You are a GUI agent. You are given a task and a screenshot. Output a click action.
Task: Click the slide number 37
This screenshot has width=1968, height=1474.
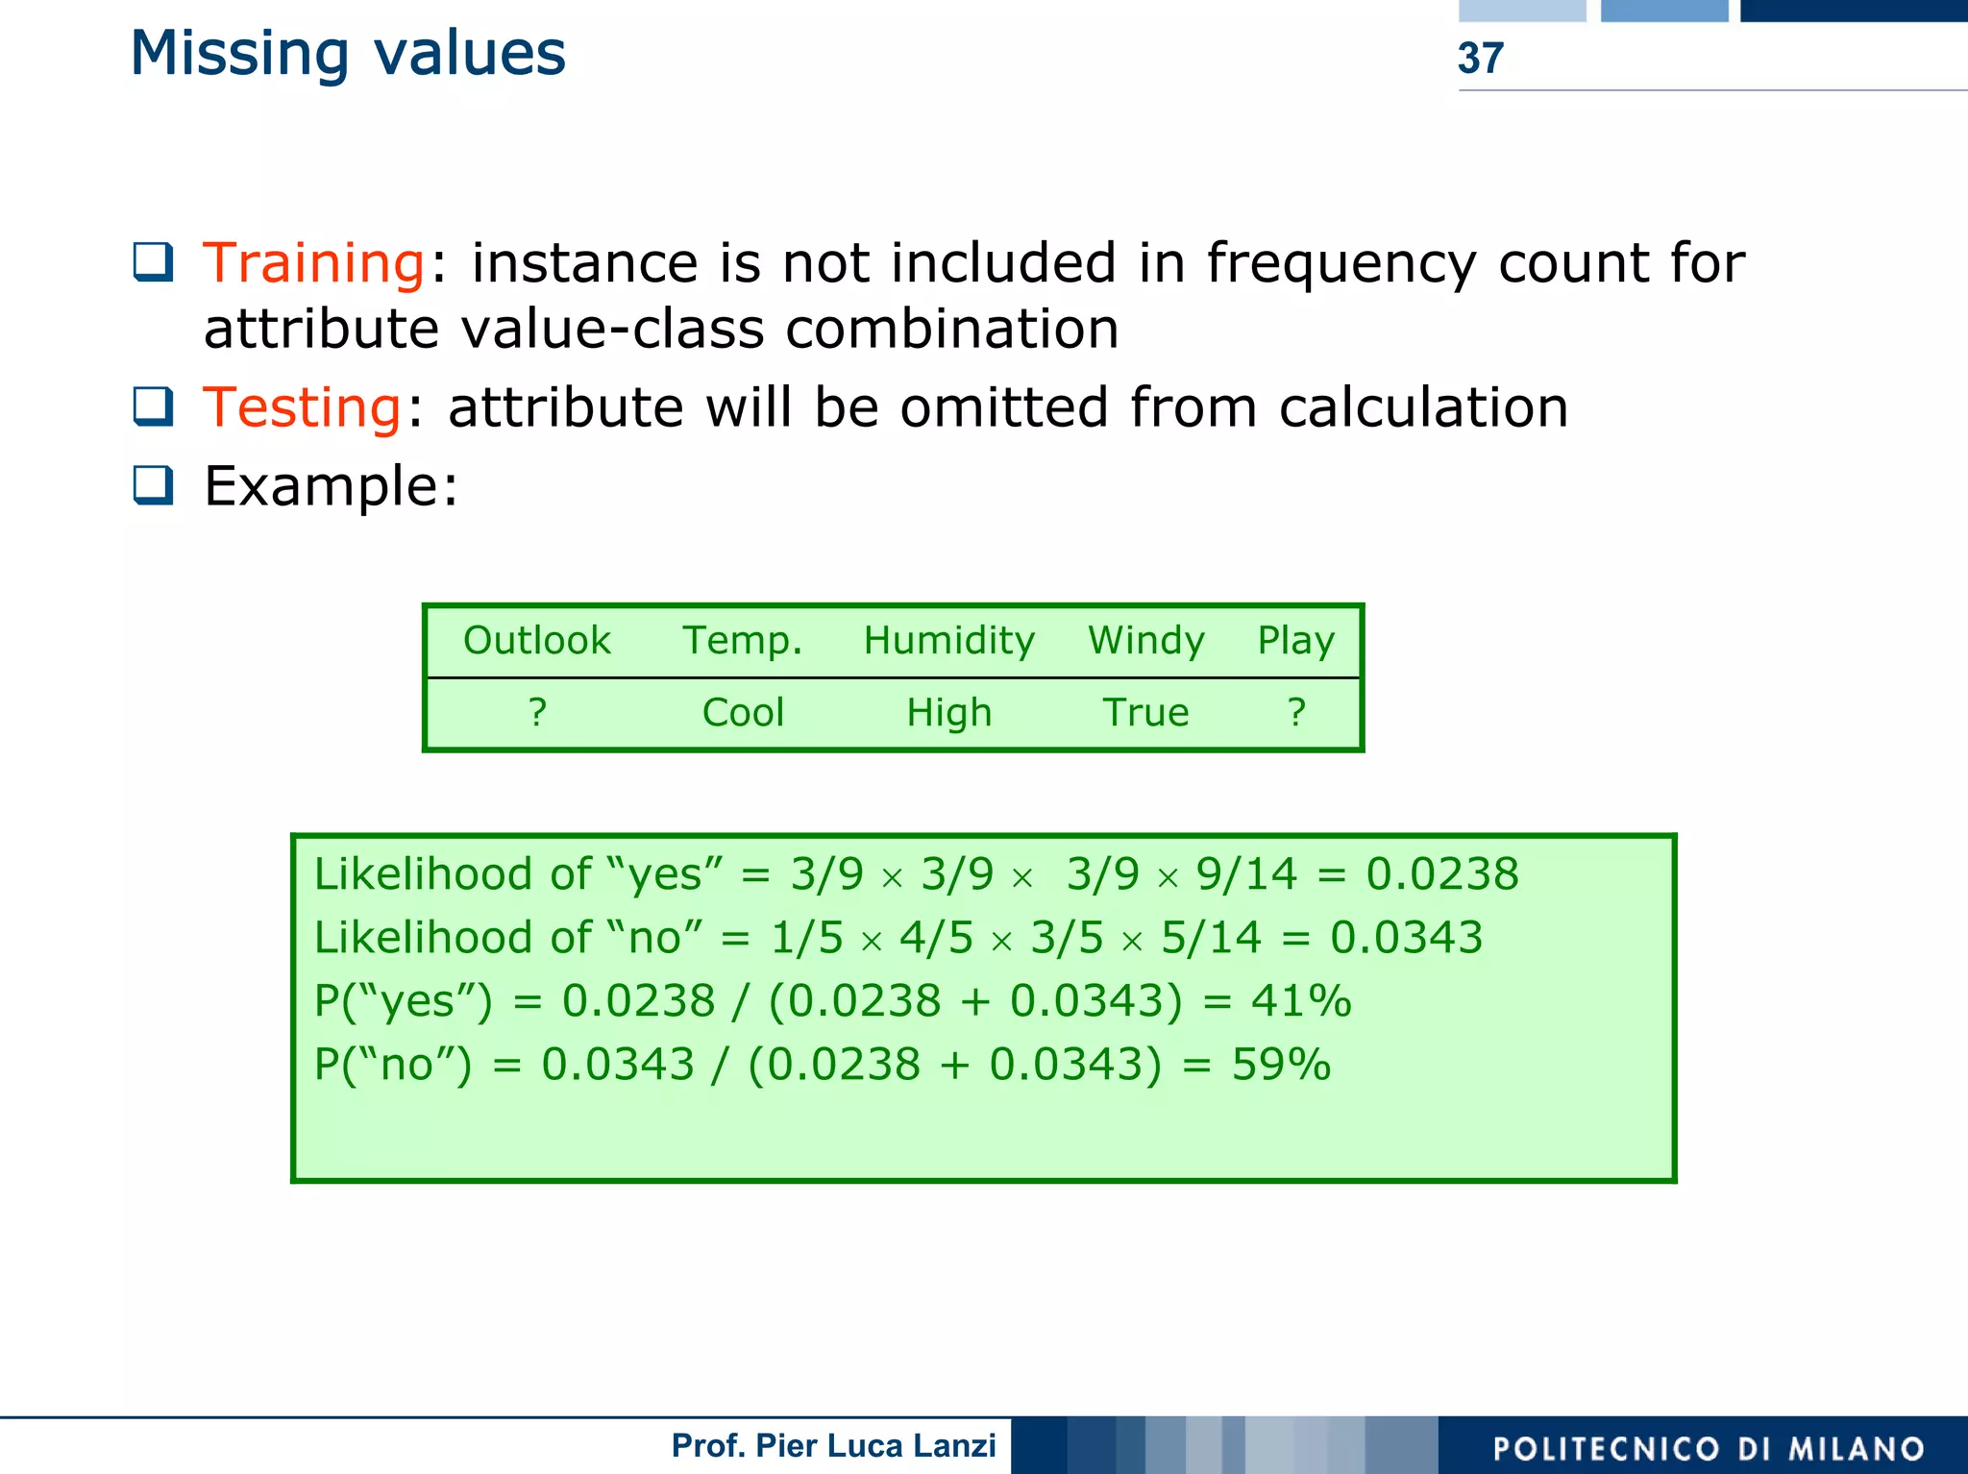pyautogui.click(x=1480, y=59)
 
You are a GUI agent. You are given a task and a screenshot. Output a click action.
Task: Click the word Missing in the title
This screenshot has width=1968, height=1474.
pyautogui.click(x=239, y=54)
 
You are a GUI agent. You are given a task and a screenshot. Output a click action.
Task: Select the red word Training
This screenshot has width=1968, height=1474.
pyautogui.click(x=314, y=263)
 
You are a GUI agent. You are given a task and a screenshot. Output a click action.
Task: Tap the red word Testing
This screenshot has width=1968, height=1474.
pyautogui.click(x=303, y=407)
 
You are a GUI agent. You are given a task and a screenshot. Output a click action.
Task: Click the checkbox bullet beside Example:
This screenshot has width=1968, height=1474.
pyautogui.click(x=153, y=485)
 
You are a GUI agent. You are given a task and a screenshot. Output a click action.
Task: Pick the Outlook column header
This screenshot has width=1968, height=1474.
pyautogui.click(x=536, y=641)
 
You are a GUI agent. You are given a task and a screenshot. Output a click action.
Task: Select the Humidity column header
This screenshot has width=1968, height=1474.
pyautogui.click(x=948, y=641)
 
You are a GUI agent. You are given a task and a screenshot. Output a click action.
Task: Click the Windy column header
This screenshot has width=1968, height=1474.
pyautogui.click(x=1145, y=641)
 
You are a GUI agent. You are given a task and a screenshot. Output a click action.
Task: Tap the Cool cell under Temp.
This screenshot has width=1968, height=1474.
pyautogui.click(x=743, y=713)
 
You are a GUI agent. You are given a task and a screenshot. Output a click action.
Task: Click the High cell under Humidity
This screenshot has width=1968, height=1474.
pyautogui.click(x=948, y=713)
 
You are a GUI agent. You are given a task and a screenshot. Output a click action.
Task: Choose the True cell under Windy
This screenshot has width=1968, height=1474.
pyautogui.click(x=1145, y=713)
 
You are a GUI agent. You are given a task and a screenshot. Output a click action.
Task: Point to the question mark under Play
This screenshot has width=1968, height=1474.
pyautogui.click(x=1296, y=713)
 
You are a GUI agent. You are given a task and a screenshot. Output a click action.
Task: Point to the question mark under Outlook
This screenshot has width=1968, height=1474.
pyautogui.click(x=537, y=713)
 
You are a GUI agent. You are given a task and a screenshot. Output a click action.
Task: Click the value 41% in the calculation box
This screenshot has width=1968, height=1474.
pyautogui.click(x=1301, y=1001)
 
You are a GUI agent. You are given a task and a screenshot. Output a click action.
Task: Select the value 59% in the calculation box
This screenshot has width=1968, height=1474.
pyautogui.click(x=1281, y=1065)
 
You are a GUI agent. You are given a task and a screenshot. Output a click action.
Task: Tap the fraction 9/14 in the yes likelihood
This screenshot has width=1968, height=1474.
pyautogui.click(x=1246, y=874)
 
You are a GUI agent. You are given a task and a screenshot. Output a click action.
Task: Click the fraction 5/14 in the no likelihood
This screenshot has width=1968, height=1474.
pyautogui.click(x=1211, y=938)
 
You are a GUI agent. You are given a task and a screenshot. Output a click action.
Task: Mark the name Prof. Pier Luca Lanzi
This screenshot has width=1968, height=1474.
pyautogui.click(x=833, y=1446)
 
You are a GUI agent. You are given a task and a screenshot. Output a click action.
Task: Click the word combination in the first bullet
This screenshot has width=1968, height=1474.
pyautogui.click(x=951, y=330)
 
